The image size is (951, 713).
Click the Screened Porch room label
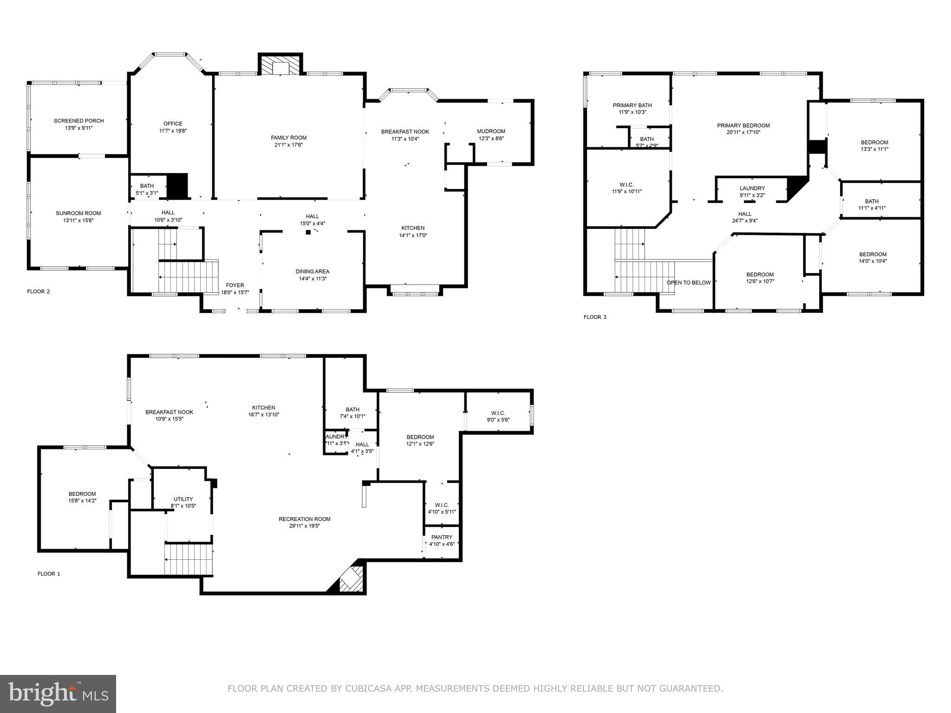coord(78,121)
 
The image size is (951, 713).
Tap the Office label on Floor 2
coord(172,123)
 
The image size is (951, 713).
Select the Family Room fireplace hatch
coord(280,65)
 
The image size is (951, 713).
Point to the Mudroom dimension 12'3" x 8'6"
coord(491,138)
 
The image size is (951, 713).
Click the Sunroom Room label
coord(78,214)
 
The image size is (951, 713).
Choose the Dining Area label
coord(312,272)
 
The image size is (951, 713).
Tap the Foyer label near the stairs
coord(234,285)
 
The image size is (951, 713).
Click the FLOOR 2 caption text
coord(39,292)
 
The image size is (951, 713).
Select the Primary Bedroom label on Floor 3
coord(743,125)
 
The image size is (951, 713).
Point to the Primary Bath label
coord(632,105)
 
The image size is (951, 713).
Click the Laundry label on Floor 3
coord(752,188)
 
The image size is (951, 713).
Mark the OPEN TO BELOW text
coord(688,283)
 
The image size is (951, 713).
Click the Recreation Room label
coord(304,519)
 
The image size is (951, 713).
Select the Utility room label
coord(183,499)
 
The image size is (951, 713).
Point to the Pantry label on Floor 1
coord(442,537)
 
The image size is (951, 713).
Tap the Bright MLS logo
coord(58,694)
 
